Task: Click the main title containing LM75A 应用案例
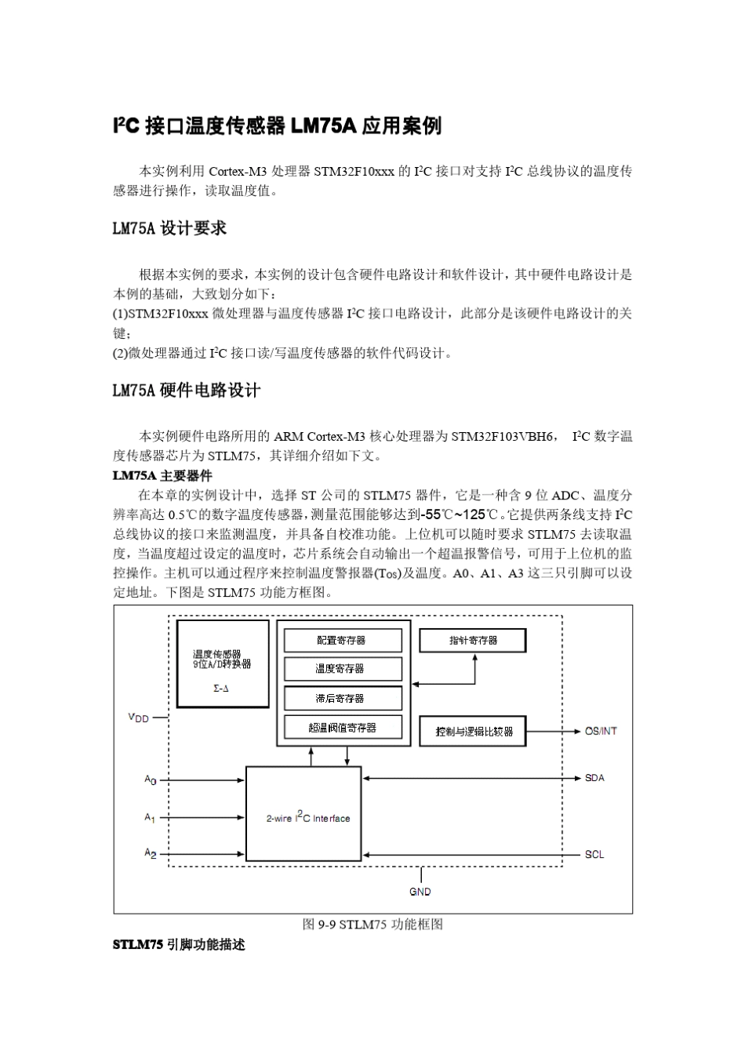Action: [x=278, y=125]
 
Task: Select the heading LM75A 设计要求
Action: [x=169, y=228]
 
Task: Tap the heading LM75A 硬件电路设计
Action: [x=187, y=391]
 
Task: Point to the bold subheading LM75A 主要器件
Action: [x=162, y=476]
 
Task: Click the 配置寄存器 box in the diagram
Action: [x=342, y=641]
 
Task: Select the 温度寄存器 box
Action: [x=342, y=669]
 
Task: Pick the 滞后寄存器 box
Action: [x=342, y=698]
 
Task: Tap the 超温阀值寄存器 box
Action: [x=342, y=728]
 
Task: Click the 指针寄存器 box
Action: [x=473, y=641]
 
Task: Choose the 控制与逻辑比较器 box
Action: [x=473, y=731]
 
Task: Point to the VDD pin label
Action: [x=139, y=718]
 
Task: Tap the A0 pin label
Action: [x=150, y=780]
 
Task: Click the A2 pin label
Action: [x=150, y=853]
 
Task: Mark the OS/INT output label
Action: [x=601, y=731]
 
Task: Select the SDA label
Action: [x=594, y=778]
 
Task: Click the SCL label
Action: [x=594, y=854]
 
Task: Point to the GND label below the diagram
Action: [x=420, y=892]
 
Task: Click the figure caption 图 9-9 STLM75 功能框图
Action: [x=372, y=925]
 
